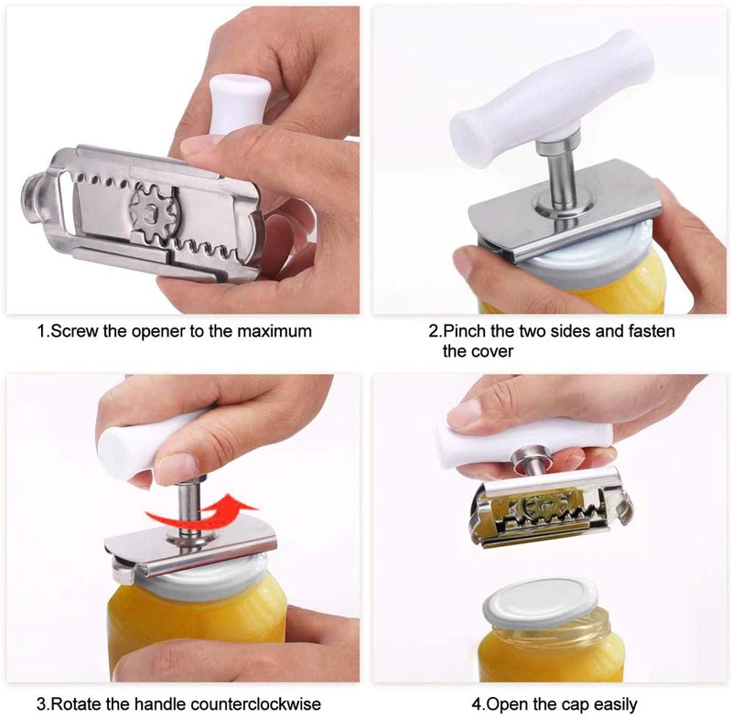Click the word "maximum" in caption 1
pyautogui.click(x=274, y=331)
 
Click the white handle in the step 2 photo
pyautogui.click(x=551, y=99)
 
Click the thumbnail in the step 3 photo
pyautogui.click(x=177, y=466)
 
